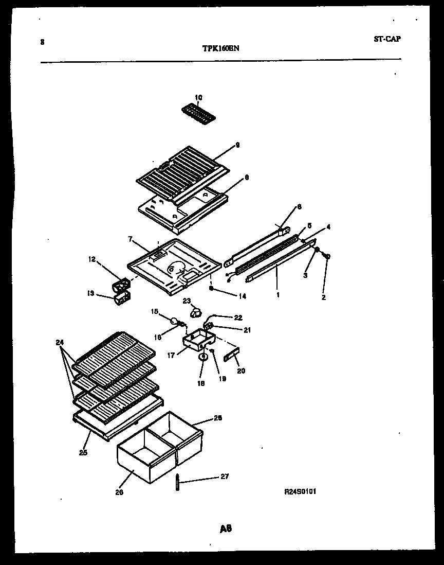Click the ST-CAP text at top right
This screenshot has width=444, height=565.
pos(386,39)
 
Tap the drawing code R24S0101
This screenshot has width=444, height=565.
pos(300,491)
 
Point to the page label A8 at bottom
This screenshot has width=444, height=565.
pos(225,528)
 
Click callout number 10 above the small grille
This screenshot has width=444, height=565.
pos(199,97)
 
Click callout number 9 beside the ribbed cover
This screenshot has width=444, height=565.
pos(237,145)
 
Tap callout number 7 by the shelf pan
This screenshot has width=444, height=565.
pos(131,239)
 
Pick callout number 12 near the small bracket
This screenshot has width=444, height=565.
pos(92,259)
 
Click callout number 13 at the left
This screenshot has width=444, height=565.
pos(90,293)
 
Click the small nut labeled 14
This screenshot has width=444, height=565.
pos(211,288)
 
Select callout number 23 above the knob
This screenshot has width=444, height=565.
pos(186,301)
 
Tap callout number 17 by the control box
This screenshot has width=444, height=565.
pos(171,355)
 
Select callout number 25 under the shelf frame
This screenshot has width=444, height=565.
pos(84,452)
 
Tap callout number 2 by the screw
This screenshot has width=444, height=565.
pos(324,297)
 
